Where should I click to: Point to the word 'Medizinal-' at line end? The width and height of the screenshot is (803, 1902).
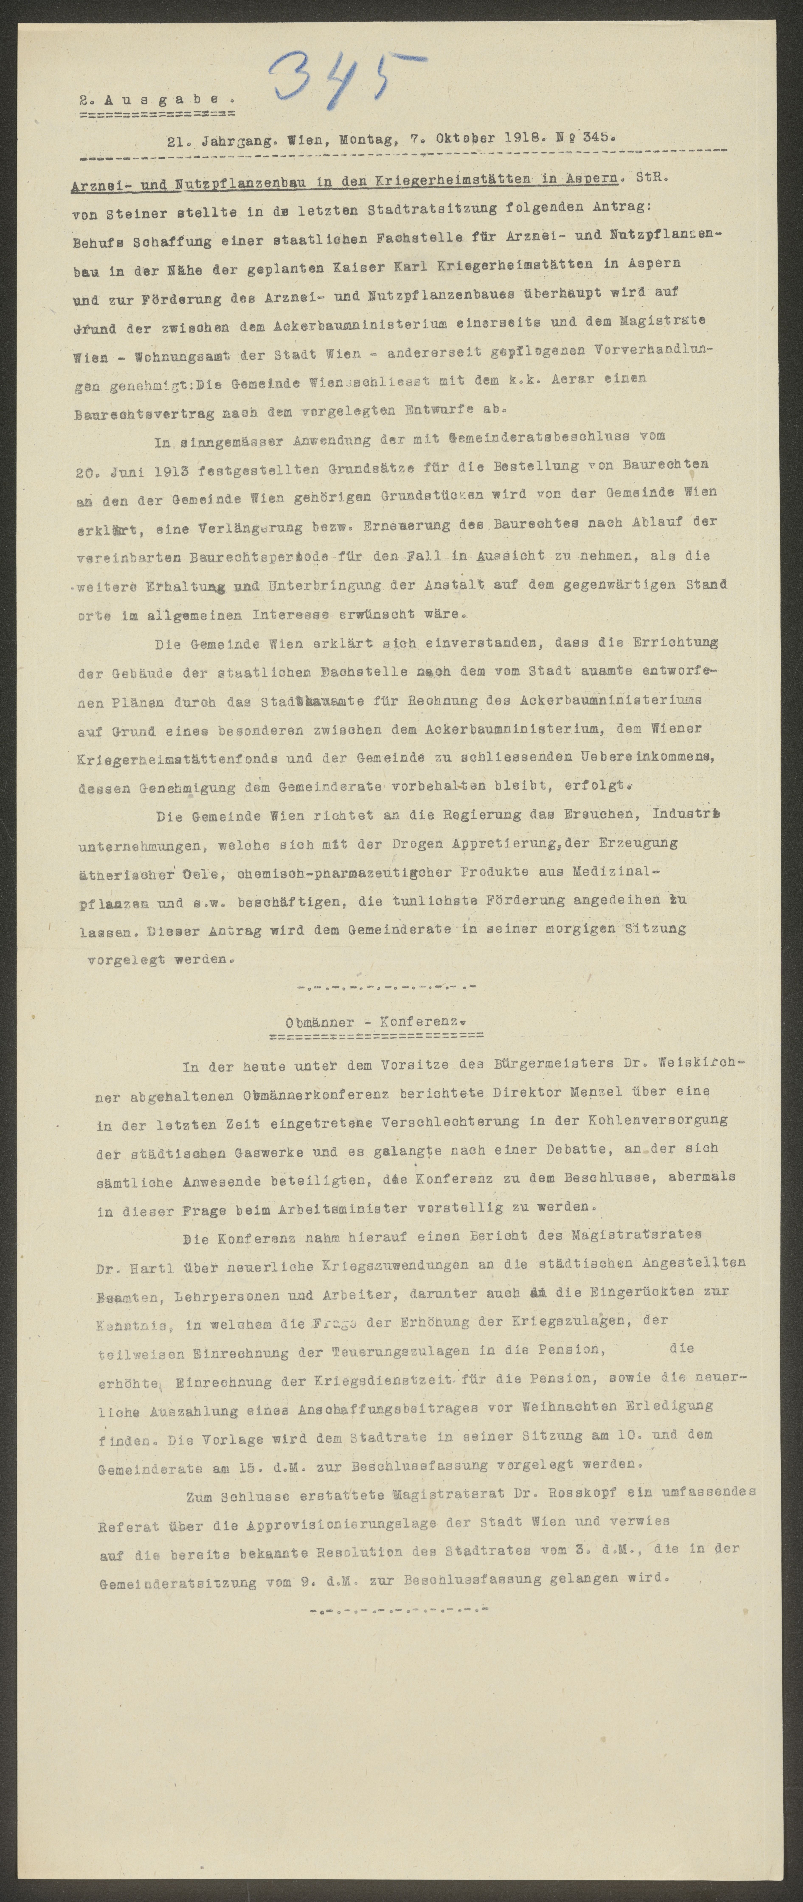click(614, 871)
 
